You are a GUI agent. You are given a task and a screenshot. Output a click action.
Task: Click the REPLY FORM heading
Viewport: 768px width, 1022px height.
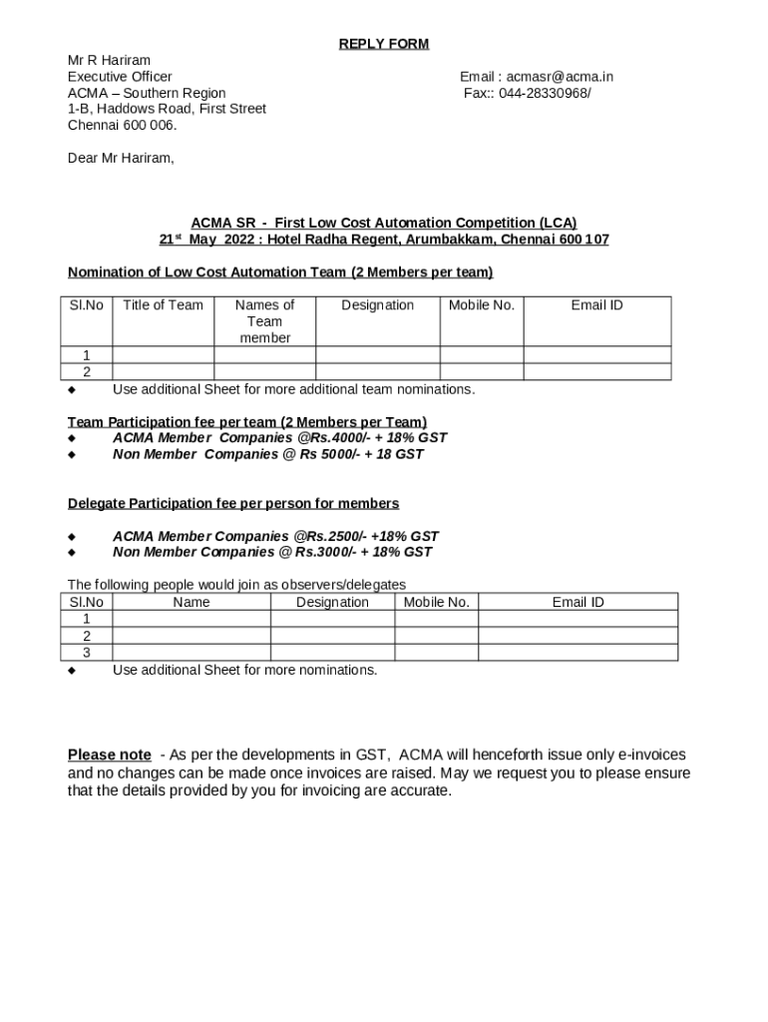[x=383, y=44]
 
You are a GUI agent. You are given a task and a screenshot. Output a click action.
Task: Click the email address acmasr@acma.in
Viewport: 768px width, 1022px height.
[x=560, y=77]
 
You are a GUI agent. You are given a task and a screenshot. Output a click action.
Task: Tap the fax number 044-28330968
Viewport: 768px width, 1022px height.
[x=545, y=93]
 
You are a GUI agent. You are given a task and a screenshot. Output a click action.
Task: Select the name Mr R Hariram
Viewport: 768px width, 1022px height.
[x=109, y=60]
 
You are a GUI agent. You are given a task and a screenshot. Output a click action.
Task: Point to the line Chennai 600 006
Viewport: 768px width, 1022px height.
[x=122, y=125]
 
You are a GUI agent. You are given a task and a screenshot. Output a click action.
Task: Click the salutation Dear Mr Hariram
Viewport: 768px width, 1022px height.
[x=121, y=158]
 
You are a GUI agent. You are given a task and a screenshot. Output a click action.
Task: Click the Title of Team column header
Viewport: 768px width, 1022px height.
[x=163, y=305]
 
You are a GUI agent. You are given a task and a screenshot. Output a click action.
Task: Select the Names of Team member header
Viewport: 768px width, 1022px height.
[x=264, y=321]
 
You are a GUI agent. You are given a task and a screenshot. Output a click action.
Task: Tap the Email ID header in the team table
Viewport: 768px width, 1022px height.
[x=596, y=305]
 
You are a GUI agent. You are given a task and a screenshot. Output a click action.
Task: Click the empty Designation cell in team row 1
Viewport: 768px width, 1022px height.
[x=377, y=355]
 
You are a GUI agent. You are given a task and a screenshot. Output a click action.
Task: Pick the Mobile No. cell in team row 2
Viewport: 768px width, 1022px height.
[x=481, y=372]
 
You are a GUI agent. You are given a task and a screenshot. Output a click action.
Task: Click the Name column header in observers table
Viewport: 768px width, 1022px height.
[x=191, y=602]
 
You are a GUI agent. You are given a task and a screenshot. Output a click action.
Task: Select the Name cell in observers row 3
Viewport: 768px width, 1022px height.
[x=191, y=652]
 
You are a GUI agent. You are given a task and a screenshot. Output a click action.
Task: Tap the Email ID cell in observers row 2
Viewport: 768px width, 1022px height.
[x=577, y=636]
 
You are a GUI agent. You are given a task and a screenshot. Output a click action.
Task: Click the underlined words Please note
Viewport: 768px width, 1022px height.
[x=110, y=755]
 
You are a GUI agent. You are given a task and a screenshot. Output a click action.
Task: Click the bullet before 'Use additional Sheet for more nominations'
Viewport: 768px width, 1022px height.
[x=71, y=671]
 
